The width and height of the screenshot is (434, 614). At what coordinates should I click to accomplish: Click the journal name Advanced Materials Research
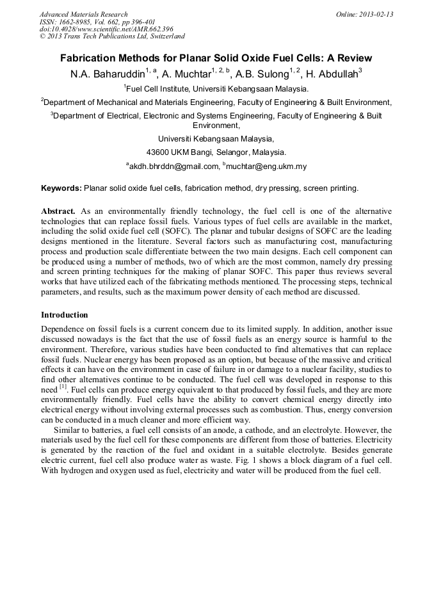click(83, 14)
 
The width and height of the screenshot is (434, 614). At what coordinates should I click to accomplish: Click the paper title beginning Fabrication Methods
click(216, 58)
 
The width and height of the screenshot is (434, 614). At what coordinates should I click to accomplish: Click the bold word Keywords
click(61, 188)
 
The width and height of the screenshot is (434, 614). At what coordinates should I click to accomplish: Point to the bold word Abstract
click(58, 211)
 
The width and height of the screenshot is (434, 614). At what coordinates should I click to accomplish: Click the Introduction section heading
click(65, 315)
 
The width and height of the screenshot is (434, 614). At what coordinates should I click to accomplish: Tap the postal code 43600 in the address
click(158, 152)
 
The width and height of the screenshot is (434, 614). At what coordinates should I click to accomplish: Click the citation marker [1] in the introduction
click(63, 388)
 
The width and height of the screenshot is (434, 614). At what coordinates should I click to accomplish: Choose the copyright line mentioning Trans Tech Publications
click(112, 36)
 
